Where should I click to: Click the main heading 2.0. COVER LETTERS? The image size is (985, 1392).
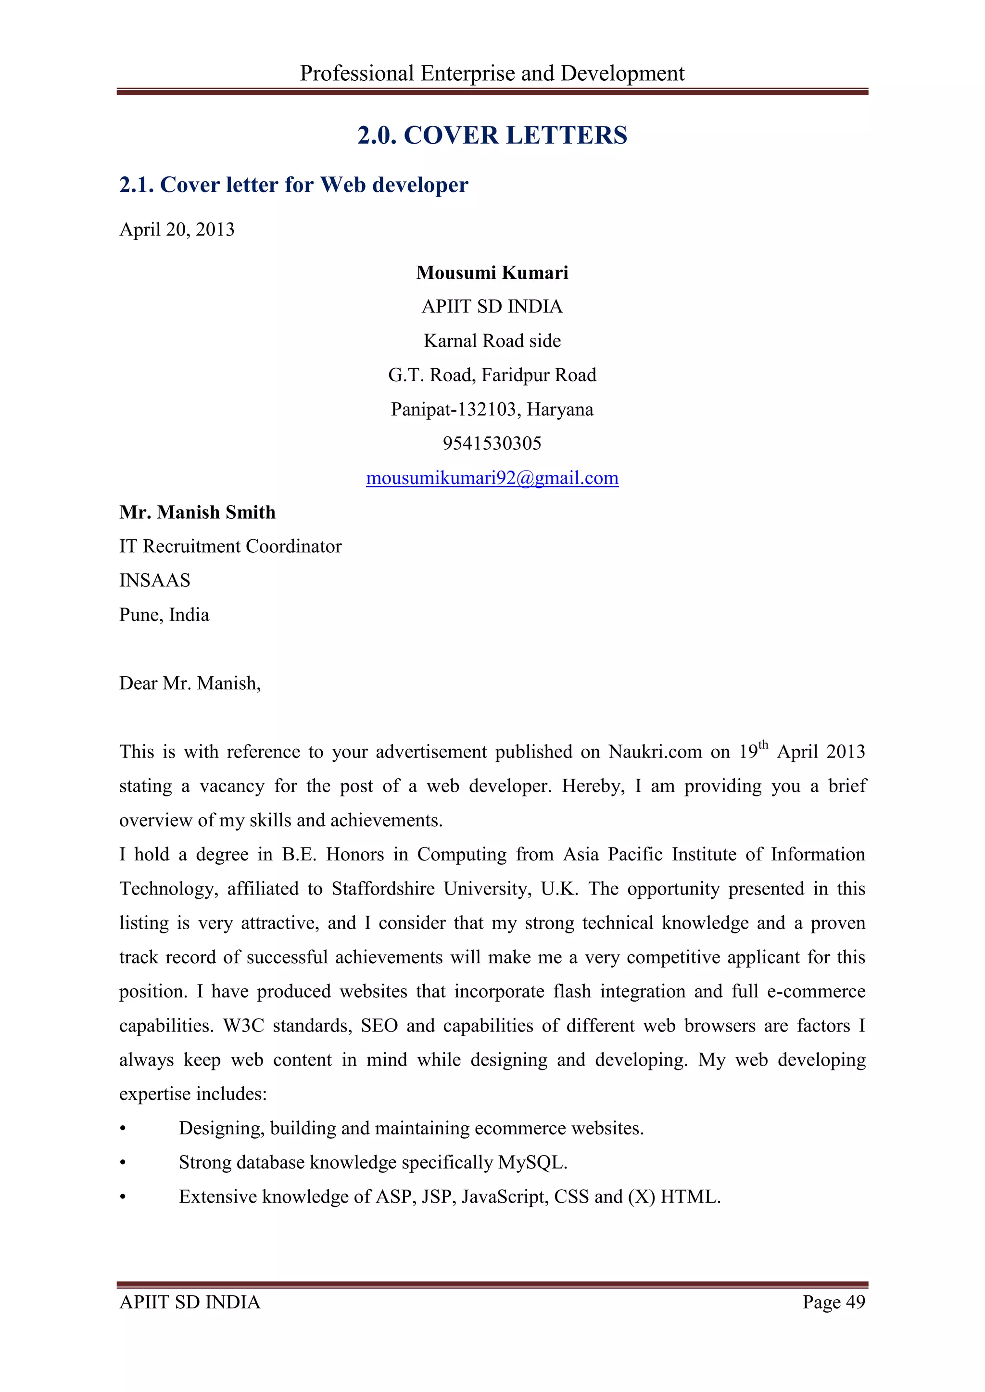click(492, 135)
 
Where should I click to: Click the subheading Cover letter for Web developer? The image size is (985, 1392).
click(293, 185)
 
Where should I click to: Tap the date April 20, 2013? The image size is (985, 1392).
click(177, 230)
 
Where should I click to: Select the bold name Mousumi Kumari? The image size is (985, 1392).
click(492, 273)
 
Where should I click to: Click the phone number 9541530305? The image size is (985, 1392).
click(492, 444)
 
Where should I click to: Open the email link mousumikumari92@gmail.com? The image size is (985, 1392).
click(492, 478)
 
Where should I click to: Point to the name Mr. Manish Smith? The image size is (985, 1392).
click(197, 512)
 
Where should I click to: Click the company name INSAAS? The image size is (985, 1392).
click(155, 581)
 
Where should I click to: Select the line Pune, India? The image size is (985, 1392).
click(164, 615)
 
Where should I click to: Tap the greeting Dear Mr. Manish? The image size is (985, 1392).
click(190, 684)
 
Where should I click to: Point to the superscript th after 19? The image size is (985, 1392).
click(763, 745)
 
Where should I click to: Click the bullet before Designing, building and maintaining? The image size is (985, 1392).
click(123, 1129)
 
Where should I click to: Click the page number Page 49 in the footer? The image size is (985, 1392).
click(833, 1302)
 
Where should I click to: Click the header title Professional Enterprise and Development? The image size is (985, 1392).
click(492, 74)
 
